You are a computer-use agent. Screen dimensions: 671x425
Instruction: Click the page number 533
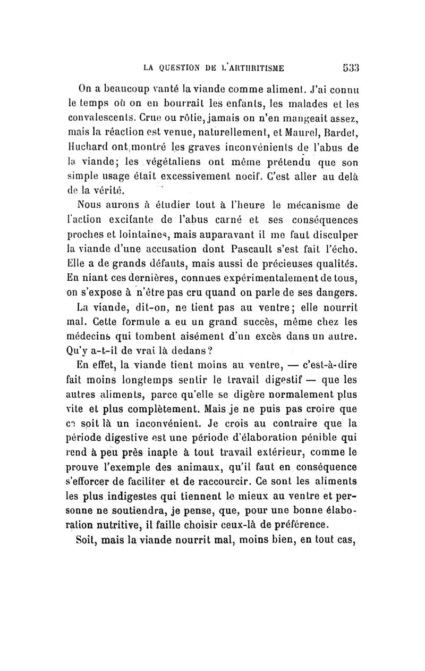pyautogui.click(x=351, y=67)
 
